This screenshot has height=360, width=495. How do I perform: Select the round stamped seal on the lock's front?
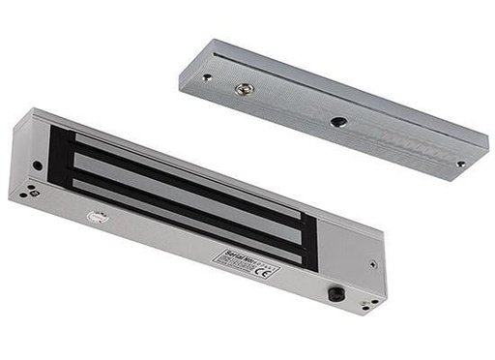(96, 219)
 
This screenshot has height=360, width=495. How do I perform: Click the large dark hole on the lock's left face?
(38, 165)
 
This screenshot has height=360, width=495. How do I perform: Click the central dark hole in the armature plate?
(338, 123)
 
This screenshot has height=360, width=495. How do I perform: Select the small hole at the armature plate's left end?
(206, 77)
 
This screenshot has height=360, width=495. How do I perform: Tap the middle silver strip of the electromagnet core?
(184, 185)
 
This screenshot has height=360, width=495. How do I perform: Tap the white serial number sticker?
(245, 264)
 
